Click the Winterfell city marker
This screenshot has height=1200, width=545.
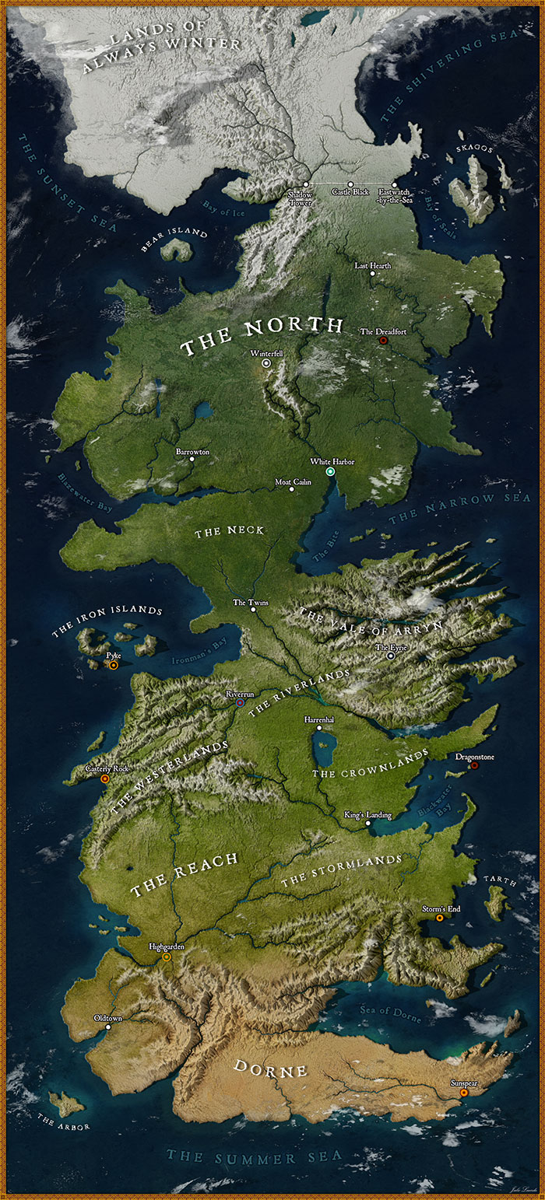pyautogui.click(x=266, y=362)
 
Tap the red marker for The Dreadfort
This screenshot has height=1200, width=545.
pyautogui.click(x=382, y=341)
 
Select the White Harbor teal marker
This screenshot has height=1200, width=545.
pyautogui.click(x=330, y=472)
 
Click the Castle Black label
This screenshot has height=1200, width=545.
pyautogui.click(x=350, y=191)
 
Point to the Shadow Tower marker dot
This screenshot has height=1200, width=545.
pyautogui.click(x=306, y=184)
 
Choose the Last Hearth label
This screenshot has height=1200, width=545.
pyautogui.click(x=372, y=265)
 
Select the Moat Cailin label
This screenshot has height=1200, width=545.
pyautogui.click(x=293, y=481)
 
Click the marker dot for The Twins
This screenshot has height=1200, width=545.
pyautogui.click(x=252, y=610)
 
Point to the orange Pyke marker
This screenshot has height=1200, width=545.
pyautogui.click(x=114, y=665)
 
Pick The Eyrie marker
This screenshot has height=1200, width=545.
pyautogui.click(x=391, y=656)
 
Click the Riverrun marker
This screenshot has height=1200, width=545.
pyautogui.click(x=240, y=702)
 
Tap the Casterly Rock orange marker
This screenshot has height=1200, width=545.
pyautogui.click(x=105, y=778)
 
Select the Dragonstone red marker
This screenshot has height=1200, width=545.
pyautogui.click(x=474, y=765)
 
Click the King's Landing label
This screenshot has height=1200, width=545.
pyautogui.click(x=367, y=814)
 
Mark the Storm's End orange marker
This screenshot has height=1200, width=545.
pyautogui.click(x=440, y=918)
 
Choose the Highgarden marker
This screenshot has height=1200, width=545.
pyautogui.click(x=167, y=957)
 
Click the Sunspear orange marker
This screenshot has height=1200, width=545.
pyautogui.click(x=464, y=1093)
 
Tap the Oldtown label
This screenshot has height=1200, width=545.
pyautogui.click(x=107, y=1017)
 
